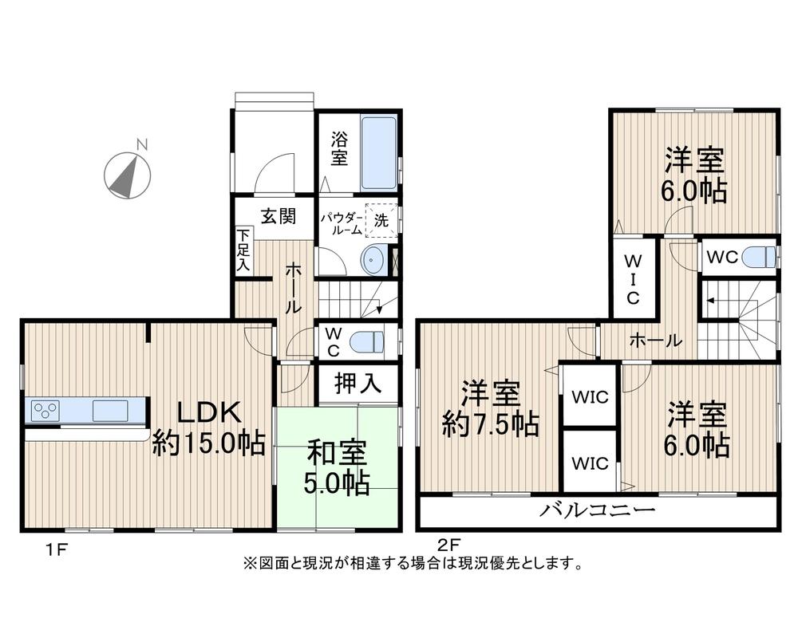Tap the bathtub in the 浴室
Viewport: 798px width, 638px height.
378,152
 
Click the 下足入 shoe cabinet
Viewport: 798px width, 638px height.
243,251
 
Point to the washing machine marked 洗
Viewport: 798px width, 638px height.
381,221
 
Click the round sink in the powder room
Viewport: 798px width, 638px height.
373,258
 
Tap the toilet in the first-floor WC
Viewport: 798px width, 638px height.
367,341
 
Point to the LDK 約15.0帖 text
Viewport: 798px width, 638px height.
209,428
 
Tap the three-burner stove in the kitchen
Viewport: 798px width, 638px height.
45,412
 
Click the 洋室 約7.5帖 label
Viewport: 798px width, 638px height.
491,408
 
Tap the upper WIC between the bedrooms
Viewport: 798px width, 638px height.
590,396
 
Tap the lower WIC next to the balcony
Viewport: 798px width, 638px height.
590,463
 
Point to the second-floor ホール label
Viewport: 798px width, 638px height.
655,341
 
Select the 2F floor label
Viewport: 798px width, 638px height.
447,545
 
